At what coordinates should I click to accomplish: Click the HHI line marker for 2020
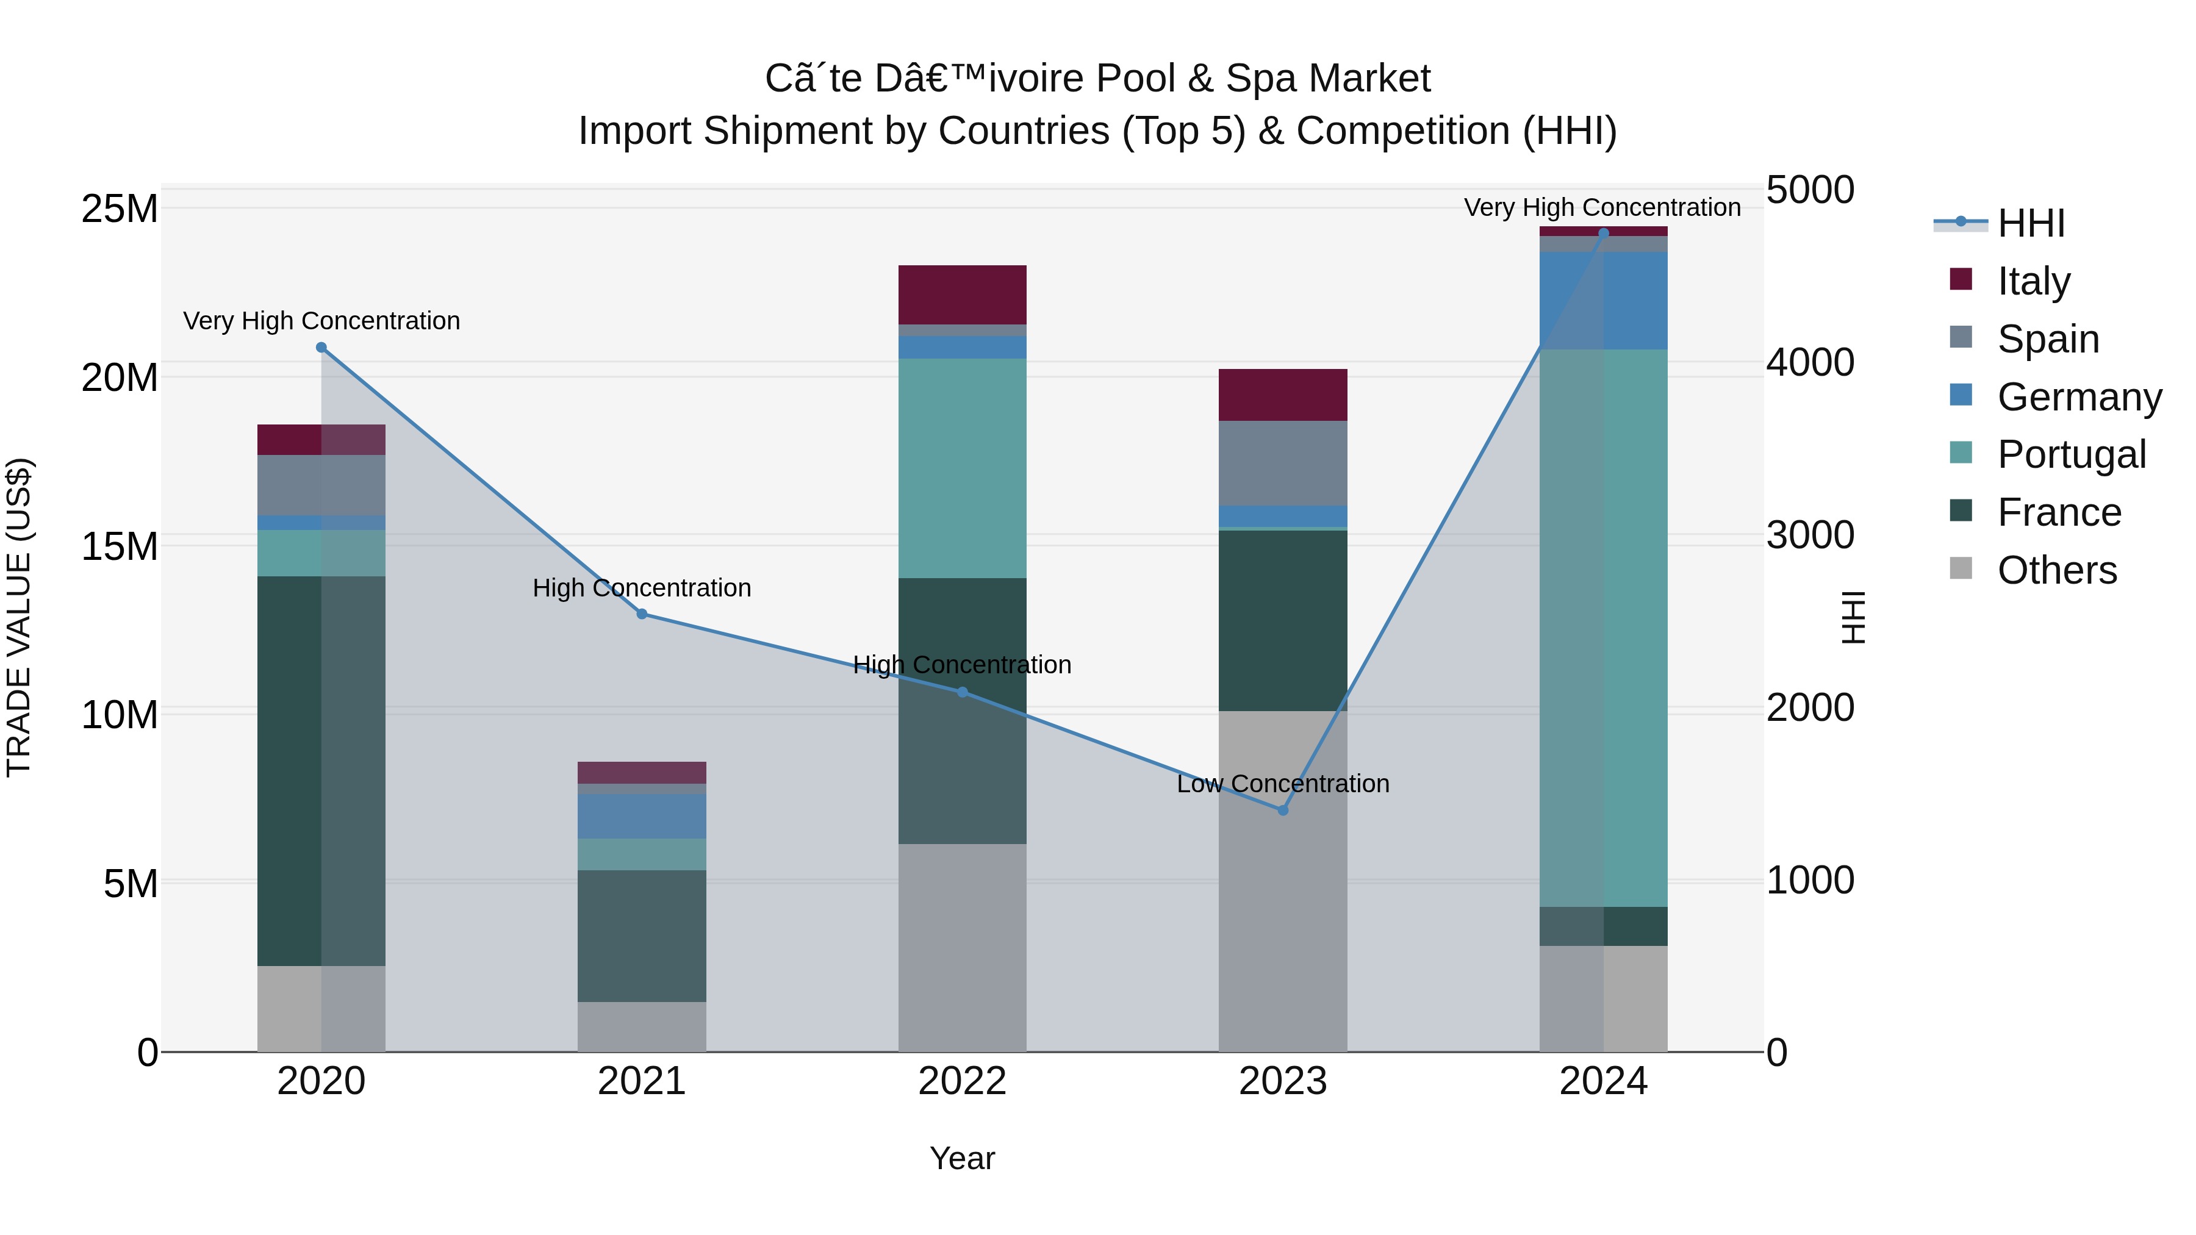pyautogui.click(x=321, y=347)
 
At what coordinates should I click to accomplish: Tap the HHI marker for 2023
pyautogui.click(x=1283, y=810)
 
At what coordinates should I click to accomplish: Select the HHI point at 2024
pyautogui.click(x=1604, y=233)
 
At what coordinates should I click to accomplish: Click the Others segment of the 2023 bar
pyautogui.click(x=1283, y=881)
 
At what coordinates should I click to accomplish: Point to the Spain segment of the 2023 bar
pyautogui.click(x=1283, y=463)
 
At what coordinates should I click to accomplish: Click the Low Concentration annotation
pyautogui.click(x=1283, y=783)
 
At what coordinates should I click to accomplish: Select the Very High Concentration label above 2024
pyautogui.click(x=1602, y=207)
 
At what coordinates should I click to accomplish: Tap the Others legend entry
pyautogui.click(x=2056, y=570)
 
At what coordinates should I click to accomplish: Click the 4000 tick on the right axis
pyautogui.click(x=1810, y=362)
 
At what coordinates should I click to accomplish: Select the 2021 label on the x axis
pyautogui.click(x=642, y=1081)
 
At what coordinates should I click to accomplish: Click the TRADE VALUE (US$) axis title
pyautogui.click(x=20, y=617)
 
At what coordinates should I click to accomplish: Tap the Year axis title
pyautogui.click(x=963, y=1158)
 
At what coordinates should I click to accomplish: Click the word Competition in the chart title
pyautogui.click(x=1403, y=131)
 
